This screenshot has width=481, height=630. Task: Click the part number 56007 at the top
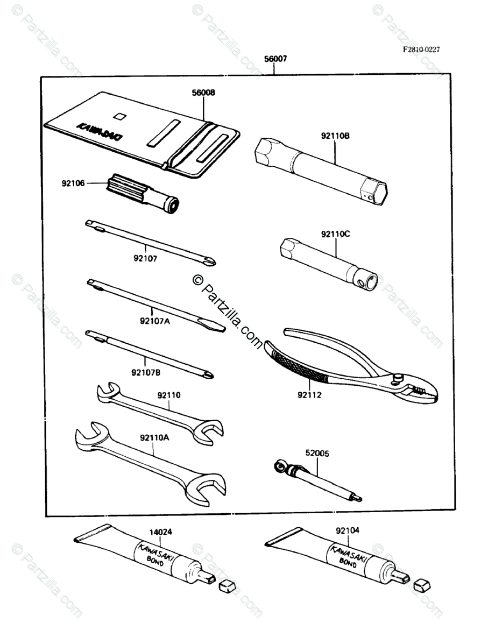(x=275, y=59)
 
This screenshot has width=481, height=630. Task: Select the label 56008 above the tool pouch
(x=203, y=93)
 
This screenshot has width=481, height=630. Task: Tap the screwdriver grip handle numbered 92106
(x=143, y=193)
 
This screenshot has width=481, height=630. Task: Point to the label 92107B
(x=145, y=372)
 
